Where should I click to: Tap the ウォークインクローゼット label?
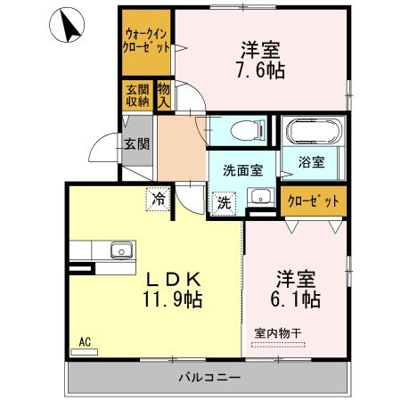point(146,42)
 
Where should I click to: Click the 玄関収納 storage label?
point(136,94)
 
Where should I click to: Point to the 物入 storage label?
point(163,94)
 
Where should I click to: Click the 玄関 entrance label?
point(135,144)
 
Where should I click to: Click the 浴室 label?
point(311,164)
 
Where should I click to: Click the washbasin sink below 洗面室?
point(259,198)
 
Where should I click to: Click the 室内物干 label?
point(278,333)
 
